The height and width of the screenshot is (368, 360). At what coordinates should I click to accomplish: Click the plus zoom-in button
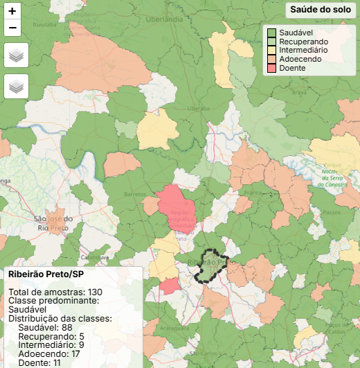pyautogui.click(x=12, y=10)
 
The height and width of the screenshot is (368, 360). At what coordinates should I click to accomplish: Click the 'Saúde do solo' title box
pyautogui.click(x=320, y=10)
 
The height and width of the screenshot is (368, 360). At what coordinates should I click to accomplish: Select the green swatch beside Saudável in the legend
pyautogui.click(x=272, y=33)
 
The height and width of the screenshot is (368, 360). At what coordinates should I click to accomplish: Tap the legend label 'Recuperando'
pyautogui.click(x=303, y=42)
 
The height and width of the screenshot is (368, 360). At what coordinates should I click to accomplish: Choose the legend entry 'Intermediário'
pyautogui.click(x=307, y=51)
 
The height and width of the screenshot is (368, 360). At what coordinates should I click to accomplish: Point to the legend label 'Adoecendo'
pyautogui.click(x=300, y=60)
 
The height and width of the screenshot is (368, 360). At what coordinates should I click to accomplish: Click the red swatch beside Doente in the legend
pyautogui.click(x=272, y=68)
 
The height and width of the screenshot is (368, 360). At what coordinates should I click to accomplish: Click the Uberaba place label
pyautogui.click(x=198, y=109)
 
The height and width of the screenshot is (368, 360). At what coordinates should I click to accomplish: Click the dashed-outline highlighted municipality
pyautogui.click(x=210, y=265)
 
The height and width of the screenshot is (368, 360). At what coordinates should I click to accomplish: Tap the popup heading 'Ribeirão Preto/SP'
pyautogui.click(x=46, y=274)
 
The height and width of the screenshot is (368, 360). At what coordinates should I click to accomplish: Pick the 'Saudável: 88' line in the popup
pyautogui.click(x=46, y=327)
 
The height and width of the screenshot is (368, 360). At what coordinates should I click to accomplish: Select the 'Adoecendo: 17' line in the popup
pyautogui.click(x=50, y=353)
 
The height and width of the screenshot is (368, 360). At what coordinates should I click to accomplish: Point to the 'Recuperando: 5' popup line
pyautogui.click(x=52, y=336)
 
